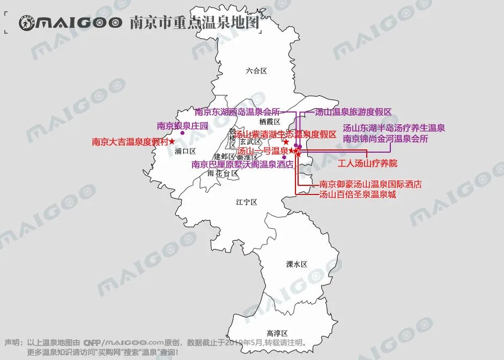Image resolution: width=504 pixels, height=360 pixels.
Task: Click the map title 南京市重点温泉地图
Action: click(x=195, y=22)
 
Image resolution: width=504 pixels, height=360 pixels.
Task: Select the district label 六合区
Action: click(x=256, y=70)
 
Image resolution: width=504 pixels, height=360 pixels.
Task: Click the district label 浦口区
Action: click(x=186, y=151)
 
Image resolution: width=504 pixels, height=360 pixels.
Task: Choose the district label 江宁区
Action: click(x=247, y=202)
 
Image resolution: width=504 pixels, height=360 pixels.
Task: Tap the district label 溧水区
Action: click(x=297, y=264)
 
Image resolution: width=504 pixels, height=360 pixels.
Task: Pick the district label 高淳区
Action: click(x=277, y=333)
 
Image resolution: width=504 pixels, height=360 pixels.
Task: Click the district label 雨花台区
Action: click(x=223, y=174)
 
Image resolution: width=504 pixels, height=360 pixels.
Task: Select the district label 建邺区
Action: click(x=224, y=156)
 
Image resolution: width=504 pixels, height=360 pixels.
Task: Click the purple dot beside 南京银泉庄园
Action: click(x=182, y=133)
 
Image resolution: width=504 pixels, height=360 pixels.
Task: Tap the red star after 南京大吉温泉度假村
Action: click(x=172, y=141)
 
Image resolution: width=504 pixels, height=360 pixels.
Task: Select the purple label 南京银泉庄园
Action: click(x=182, y=126)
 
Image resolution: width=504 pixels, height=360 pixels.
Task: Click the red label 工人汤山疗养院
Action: click(x=367, y=163)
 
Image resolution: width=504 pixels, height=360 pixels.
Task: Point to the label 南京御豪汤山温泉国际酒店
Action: click(x=370, y=184)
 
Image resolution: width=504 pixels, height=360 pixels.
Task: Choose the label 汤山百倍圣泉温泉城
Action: click(x=358, y=194)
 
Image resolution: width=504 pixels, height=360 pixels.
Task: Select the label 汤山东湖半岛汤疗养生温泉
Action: click(x=394, y=128)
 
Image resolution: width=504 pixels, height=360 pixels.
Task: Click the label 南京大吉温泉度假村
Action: click(x=130, y=142)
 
